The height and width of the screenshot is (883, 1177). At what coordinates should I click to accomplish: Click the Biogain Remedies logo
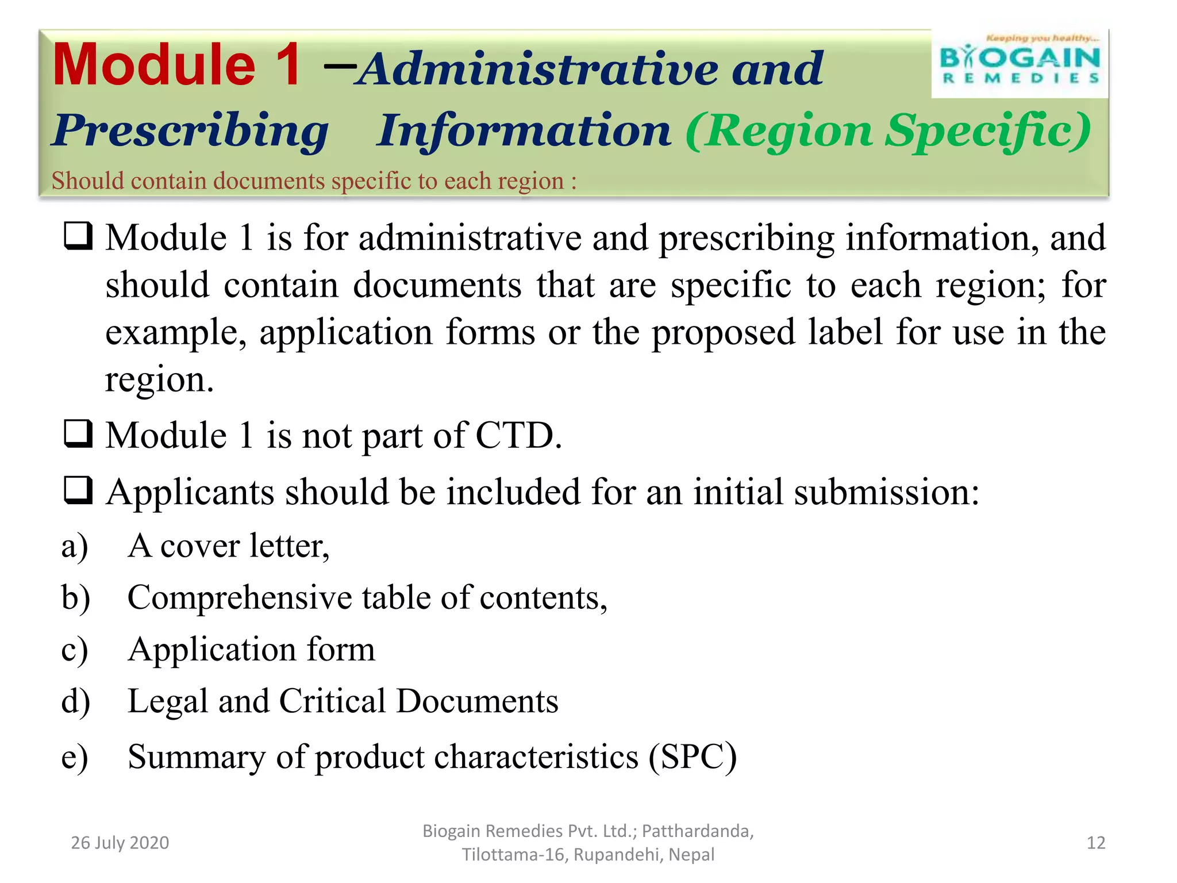1020,63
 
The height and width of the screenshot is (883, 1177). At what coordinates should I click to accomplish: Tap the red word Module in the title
154,66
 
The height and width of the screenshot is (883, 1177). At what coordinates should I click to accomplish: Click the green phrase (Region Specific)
888,131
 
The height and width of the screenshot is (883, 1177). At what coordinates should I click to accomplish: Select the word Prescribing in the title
190,131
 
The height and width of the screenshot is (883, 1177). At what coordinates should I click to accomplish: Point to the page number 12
1095,843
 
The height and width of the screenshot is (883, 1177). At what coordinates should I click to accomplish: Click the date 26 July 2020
120,843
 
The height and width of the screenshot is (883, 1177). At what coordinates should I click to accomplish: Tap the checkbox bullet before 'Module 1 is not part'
78,434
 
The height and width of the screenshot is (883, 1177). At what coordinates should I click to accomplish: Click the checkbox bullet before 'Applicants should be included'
78,490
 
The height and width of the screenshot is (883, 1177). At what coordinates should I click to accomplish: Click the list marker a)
75,546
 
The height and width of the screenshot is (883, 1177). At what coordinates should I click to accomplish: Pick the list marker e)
75,757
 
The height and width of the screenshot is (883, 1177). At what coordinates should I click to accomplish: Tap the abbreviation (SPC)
693,757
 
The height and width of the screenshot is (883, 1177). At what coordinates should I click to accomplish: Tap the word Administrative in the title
538,69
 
